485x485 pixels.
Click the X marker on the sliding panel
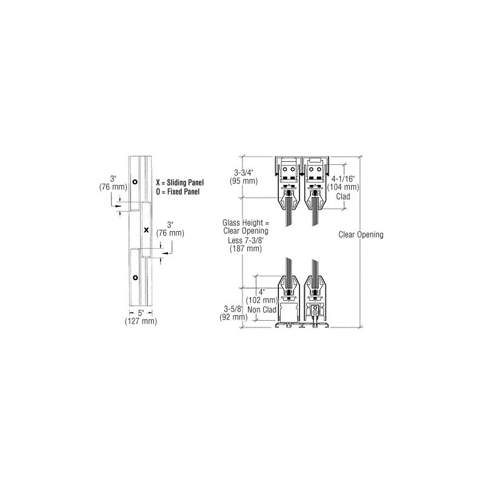tap(147, 230)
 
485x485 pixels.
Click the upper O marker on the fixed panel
tap(135, 181)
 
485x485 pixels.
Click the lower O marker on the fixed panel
tap(135, 278)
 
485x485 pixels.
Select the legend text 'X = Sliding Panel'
tap(179, 182)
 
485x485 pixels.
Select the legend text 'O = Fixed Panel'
tap(178, 192)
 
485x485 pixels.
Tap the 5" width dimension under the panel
tap(141, 313)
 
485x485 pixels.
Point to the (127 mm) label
tap(141, 321)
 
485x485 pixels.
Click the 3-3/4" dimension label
tap(244, 173)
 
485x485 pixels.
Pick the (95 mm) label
tap(244, 181)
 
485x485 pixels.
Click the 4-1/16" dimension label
tap(343, 179)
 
